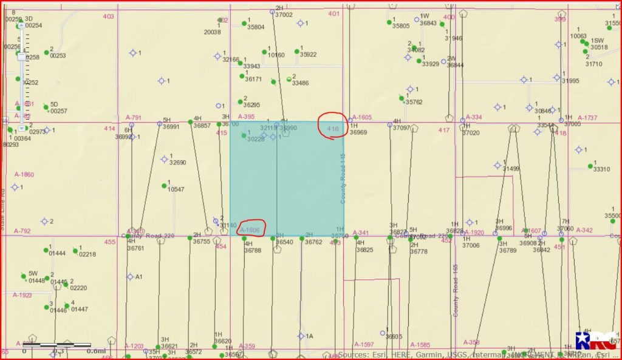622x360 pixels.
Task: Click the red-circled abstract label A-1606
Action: point(250,230)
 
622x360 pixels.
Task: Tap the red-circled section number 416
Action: point(332,129)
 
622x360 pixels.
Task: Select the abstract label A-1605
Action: point(361,117)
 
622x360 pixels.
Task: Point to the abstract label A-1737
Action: point(587,117)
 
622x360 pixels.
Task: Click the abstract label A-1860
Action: point(24,174)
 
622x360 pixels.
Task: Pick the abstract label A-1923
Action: point(22,295)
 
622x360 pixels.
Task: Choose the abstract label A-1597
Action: point(363,344)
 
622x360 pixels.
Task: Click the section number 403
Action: point(108,16)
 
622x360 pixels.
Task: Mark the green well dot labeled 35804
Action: point(244,23)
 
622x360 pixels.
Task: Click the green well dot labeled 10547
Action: point(164,185)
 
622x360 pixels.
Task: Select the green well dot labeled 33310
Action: point(590,165)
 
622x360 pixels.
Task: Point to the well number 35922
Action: point(308,55)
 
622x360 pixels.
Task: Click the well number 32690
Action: point(177,163)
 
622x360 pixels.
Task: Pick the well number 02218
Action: point(87,254)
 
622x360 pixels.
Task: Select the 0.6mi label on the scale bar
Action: point(96,350)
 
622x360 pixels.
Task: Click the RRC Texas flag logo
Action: point(591,342)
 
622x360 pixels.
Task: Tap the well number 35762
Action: point(414,102)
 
